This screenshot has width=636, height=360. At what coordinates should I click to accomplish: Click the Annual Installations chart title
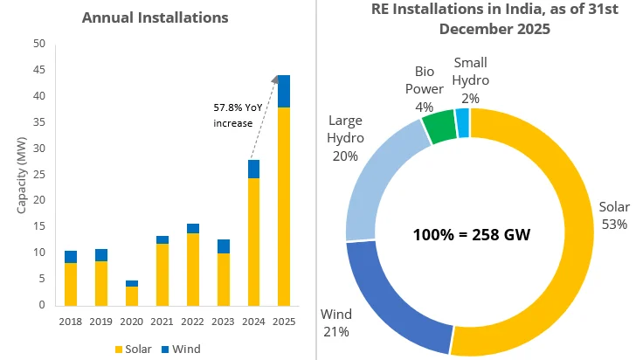pyautogui.click(x=154, y=17)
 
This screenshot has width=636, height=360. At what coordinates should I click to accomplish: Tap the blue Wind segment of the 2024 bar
pyautogui.click(x=253, y=169)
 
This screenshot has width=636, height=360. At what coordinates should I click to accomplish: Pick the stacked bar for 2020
pyautogui.click(x=131, y=294)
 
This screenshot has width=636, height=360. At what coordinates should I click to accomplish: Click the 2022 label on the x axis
pyautogui.click(x=192, y=321)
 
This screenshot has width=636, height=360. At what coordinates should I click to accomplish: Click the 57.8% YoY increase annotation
pyautogui.click(x=237, y=115)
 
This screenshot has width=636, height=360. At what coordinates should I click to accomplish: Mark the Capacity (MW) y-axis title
pyautogui.click(x=22, y=175)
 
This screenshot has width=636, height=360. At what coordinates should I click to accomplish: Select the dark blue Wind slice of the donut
pyautogui.click(x=393, y=288)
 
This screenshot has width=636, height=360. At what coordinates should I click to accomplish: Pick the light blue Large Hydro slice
pyautogui.click(x=380, y=175)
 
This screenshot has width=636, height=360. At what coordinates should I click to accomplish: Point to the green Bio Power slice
pyautogui.click(x=439, y=126)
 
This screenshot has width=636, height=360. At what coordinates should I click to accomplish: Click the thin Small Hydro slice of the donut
pyautogui.click(x=463, y=121)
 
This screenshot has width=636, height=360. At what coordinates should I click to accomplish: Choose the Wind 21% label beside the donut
pyautogui.click(x=336, y=322)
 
